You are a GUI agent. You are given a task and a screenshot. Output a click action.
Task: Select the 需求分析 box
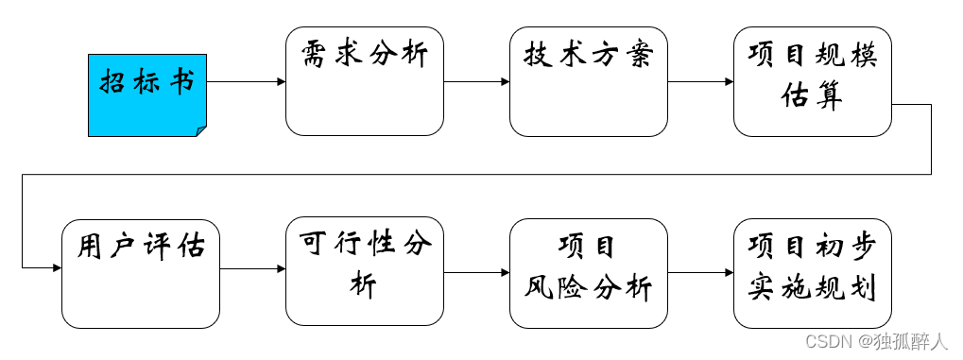(365, 81)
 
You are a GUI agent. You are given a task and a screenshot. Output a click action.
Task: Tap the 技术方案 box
(588, 81)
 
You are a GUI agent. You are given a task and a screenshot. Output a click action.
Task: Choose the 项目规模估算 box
(812, 81)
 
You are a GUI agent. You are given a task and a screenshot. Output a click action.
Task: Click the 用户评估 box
(141, 273)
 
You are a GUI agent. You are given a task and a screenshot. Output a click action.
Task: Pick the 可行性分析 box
(365, 273)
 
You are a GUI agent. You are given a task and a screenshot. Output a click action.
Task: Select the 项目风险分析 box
(588, 273)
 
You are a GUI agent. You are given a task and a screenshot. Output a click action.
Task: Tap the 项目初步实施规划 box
(812, 273)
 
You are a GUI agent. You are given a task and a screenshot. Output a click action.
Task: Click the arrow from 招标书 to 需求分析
(246, 82)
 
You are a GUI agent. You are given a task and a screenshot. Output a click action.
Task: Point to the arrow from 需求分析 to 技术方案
(476, 82)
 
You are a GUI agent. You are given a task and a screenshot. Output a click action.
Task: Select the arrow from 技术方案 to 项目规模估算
(700, 82)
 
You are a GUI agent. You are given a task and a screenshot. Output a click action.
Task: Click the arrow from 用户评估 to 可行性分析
(252, 268)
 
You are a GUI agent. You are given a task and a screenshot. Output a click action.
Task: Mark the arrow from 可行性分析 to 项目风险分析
(476, 273)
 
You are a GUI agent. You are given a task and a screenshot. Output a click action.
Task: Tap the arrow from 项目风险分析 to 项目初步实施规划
(700, 273)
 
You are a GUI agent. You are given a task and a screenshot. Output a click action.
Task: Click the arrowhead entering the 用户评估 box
(57, 268)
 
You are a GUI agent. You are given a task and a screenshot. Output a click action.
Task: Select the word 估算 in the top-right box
(812, 96)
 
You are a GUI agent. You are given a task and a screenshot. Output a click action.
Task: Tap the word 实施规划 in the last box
(812, 286)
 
